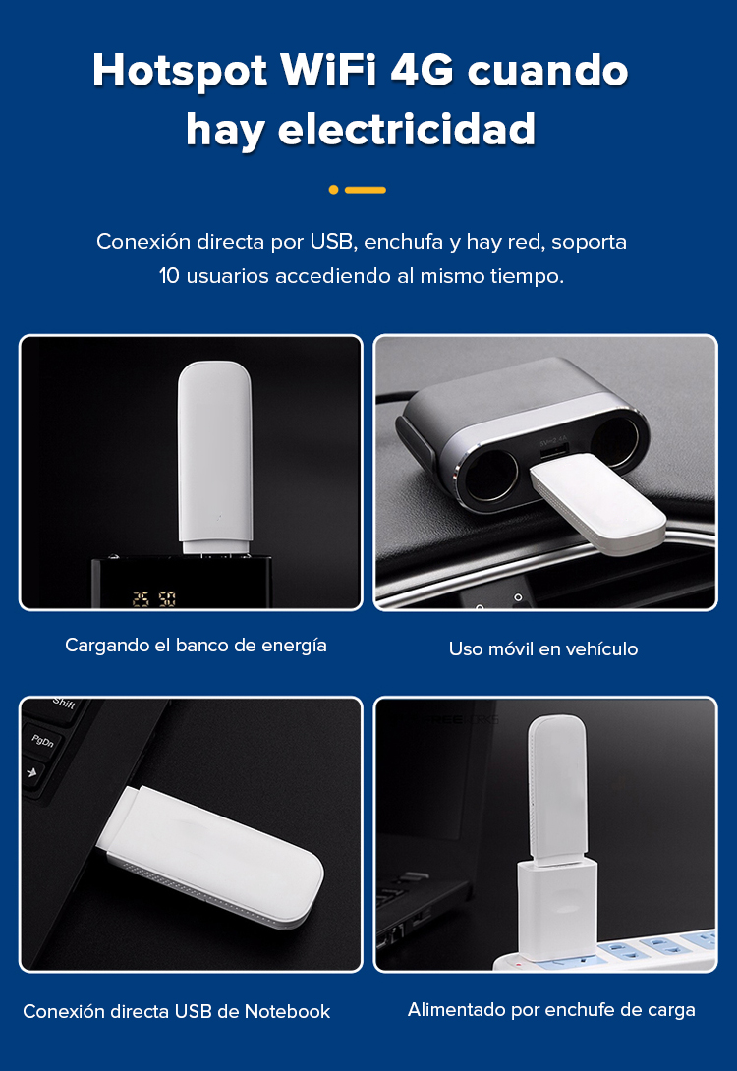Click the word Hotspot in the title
[x=180, y=72]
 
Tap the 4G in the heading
[x=422, y=70]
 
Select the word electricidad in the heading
[x=407, y=129]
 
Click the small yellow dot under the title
[x=333, y=190]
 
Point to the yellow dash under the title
[x=366, y=190]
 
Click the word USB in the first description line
[x=331, y=241]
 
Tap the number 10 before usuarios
[x=169, y=276]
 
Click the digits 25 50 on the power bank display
[x=153, y=599]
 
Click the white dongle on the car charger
[x=598, y=503]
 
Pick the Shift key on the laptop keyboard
[x=63, y=704]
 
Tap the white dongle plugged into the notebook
[x=212, y=856]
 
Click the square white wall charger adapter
[x=556, y=910]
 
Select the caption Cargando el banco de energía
[x=196, y=646]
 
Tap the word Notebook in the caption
[x=288, y=1012]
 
